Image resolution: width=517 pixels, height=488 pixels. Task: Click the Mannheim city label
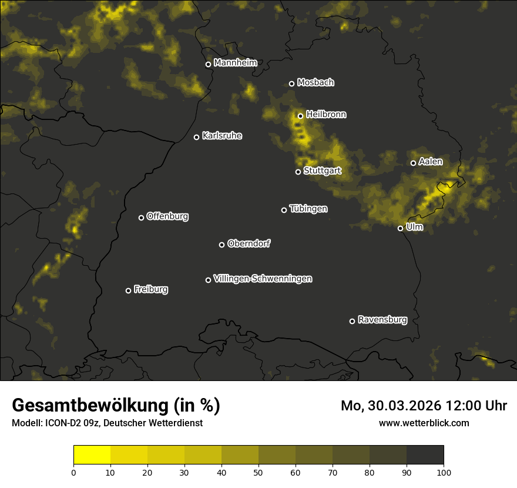tap(235, 63)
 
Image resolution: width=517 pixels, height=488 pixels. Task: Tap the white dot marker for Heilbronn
tap(300, 116)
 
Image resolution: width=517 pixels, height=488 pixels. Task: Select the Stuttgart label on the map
tap(322, 171)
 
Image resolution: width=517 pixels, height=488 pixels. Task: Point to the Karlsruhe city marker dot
tap(196, 137)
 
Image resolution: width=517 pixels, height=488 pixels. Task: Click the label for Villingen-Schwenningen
tap(263, 279)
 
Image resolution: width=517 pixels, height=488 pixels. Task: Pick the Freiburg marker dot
tap(128, 290)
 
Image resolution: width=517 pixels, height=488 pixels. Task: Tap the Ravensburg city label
tap(382, 320)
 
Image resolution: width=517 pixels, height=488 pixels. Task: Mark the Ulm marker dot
tap(400, 228)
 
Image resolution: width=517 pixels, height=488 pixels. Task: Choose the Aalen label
tap(430, 162)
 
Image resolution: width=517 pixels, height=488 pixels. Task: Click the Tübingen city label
tap(308, 209)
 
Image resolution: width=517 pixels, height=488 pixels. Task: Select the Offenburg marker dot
tap(141, 218)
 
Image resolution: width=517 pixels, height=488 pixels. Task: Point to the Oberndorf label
tap(249, 243)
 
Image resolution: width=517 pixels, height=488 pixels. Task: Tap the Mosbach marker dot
tap(291, 83)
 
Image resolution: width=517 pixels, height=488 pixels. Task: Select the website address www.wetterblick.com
tap(424, 423)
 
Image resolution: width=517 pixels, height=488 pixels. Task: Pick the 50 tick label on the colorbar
tap(258, 472)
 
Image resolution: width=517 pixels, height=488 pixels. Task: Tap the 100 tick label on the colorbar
tap(444, 472)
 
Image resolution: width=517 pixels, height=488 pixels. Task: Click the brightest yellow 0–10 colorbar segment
tap(92, 455)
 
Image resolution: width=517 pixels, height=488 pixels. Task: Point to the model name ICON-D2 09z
tap(72, 423)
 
